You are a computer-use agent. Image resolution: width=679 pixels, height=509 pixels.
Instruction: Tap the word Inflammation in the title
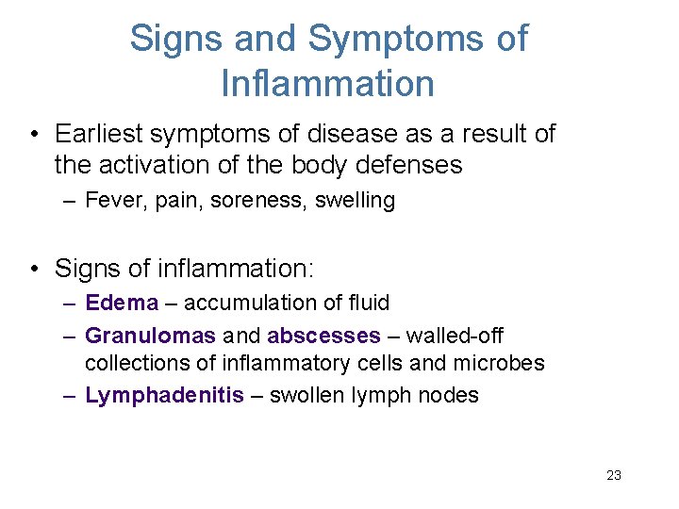(327, 83)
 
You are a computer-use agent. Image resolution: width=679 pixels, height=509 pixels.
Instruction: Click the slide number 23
(613, 475)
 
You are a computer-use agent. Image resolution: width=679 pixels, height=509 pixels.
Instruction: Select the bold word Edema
(123, 303)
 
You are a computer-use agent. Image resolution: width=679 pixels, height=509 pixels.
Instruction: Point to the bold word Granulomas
(150, 336)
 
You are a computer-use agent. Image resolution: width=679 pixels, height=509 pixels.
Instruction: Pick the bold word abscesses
(323, 336)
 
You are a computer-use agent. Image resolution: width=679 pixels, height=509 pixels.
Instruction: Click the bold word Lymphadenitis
(164, 395)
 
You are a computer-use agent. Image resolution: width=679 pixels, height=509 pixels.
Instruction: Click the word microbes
(503, 363)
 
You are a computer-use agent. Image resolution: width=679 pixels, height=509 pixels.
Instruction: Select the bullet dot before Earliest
(34, 135)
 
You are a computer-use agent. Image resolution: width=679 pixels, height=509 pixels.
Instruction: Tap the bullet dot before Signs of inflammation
(34, 269)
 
